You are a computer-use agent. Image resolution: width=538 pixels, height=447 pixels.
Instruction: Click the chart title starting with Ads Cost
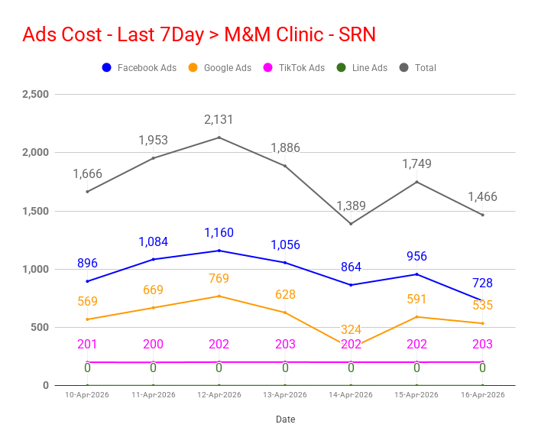coord(199,35)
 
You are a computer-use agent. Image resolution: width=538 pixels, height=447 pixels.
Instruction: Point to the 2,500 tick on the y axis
coord(35,95)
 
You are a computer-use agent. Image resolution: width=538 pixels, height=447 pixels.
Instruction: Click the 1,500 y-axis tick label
coord(35,211)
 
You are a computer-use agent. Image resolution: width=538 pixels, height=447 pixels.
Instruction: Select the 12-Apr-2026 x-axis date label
coord(219,395)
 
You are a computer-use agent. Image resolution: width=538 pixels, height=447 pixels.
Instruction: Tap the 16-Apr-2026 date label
coord(482,395)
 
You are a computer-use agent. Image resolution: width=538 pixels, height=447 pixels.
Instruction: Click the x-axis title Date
coord(285,419)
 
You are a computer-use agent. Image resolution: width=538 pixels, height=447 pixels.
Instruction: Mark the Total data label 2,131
coord(219,120)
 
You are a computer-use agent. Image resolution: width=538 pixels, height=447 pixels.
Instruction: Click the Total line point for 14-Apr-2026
coord(351,224)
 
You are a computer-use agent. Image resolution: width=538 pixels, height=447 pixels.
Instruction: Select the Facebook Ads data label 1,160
coord(219,233)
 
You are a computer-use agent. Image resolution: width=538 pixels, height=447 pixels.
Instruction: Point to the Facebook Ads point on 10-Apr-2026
coord(87,281)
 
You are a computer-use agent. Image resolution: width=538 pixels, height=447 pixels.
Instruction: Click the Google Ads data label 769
coord(219,279)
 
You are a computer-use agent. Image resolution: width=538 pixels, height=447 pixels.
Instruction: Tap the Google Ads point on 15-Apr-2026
coord(416,316)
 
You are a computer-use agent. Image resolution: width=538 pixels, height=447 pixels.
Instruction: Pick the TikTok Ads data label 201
coord(87,345)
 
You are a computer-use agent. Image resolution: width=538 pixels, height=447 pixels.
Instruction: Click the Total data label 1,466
coord(482,197)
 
